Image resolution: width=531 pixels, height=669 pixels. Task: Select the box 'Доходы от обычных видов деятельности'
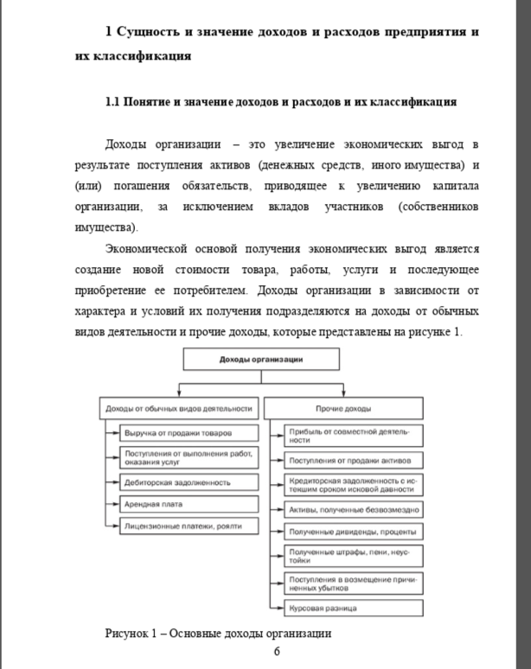coord(179,408)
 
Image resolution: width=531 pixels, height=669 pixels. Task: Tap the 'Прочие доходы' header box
coord(343,408)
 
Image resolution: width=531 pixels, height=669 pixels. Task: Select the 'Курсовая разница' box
coord(354,608)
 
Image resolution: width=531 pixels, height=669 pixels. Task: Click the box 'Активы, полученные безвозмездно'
coord(354,510)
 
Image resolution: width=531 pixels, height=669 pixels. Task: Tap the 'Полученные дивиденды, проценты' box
coord(354,531)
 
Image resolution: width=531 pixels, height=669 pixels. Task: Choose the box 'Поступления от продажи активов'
coord(354,460)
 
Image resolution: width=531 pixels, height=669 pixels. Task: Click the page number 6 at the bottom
coord(277,651)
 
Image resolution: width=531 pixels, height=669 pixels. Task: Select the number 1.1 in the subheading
coord(112,102)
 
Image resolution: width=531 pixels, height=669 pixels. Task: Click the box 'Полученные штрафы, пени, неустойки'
coord(354,555)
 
